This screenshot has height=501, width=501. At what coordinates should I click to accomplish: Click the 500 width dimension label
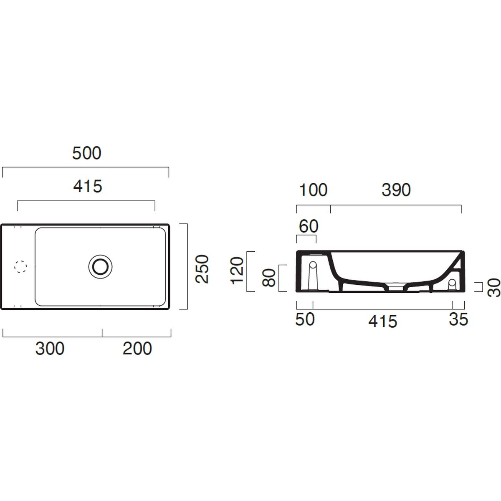point(86,153)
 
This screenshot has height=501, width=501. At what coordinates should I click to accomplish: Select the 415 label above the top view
point(88,186)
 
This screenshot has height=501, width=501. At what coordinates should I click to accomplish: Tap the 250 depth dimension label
point(202,269)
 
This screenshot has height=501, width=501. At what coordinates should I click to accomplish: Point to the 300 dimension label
point(50,348)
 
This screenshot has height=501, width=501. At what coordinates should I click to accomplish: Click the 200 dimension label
point(137,348)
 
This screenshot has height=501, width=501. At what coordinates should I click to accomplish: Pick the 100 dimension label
point(313,190)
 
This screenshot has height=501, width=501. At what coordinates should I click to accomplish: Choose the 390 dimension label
point(396,190)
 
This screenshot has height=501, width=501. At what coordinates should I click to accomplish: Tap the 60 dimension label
point(309,226)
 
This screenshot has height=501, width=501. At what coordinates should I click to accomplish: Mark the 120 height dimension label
point(237,271)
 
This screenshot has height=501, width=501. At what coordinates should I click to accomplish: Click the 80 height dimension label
point(269,278)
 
